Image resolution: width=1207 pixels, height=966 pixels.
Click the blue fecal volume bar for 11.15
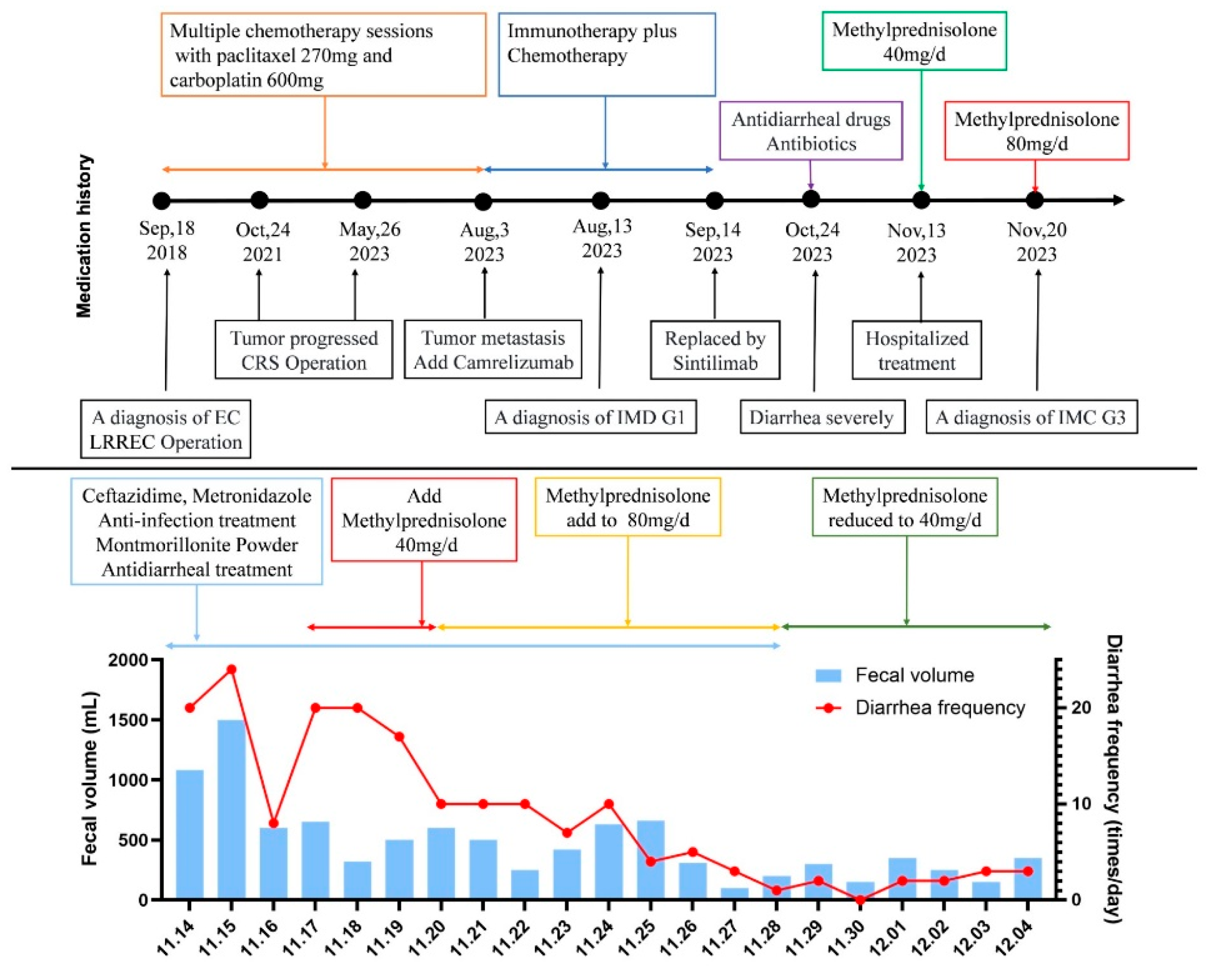(231, 809)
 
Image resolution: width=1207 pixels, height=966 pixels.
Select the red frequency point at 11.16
(273, 823)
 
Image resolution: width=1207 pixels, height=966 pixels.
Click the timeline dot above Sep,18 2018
(161, 200)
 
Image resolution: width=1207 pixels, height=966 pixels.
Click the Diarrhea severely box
(822, 417)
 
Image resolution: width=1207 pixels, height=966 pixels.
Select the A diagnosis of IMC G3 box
(1031, 417)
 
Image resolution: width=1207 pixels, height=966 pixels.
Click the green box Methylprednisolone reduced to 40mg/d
(905, 507)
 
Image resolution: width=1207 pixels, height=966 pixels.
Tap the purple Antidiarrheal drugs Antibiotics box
(811, 131)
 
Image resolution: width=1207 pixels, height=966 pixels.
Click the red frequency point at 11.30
(860, 900)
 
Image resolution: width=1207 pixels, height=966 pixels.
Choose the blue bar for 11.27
(734, 894)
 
